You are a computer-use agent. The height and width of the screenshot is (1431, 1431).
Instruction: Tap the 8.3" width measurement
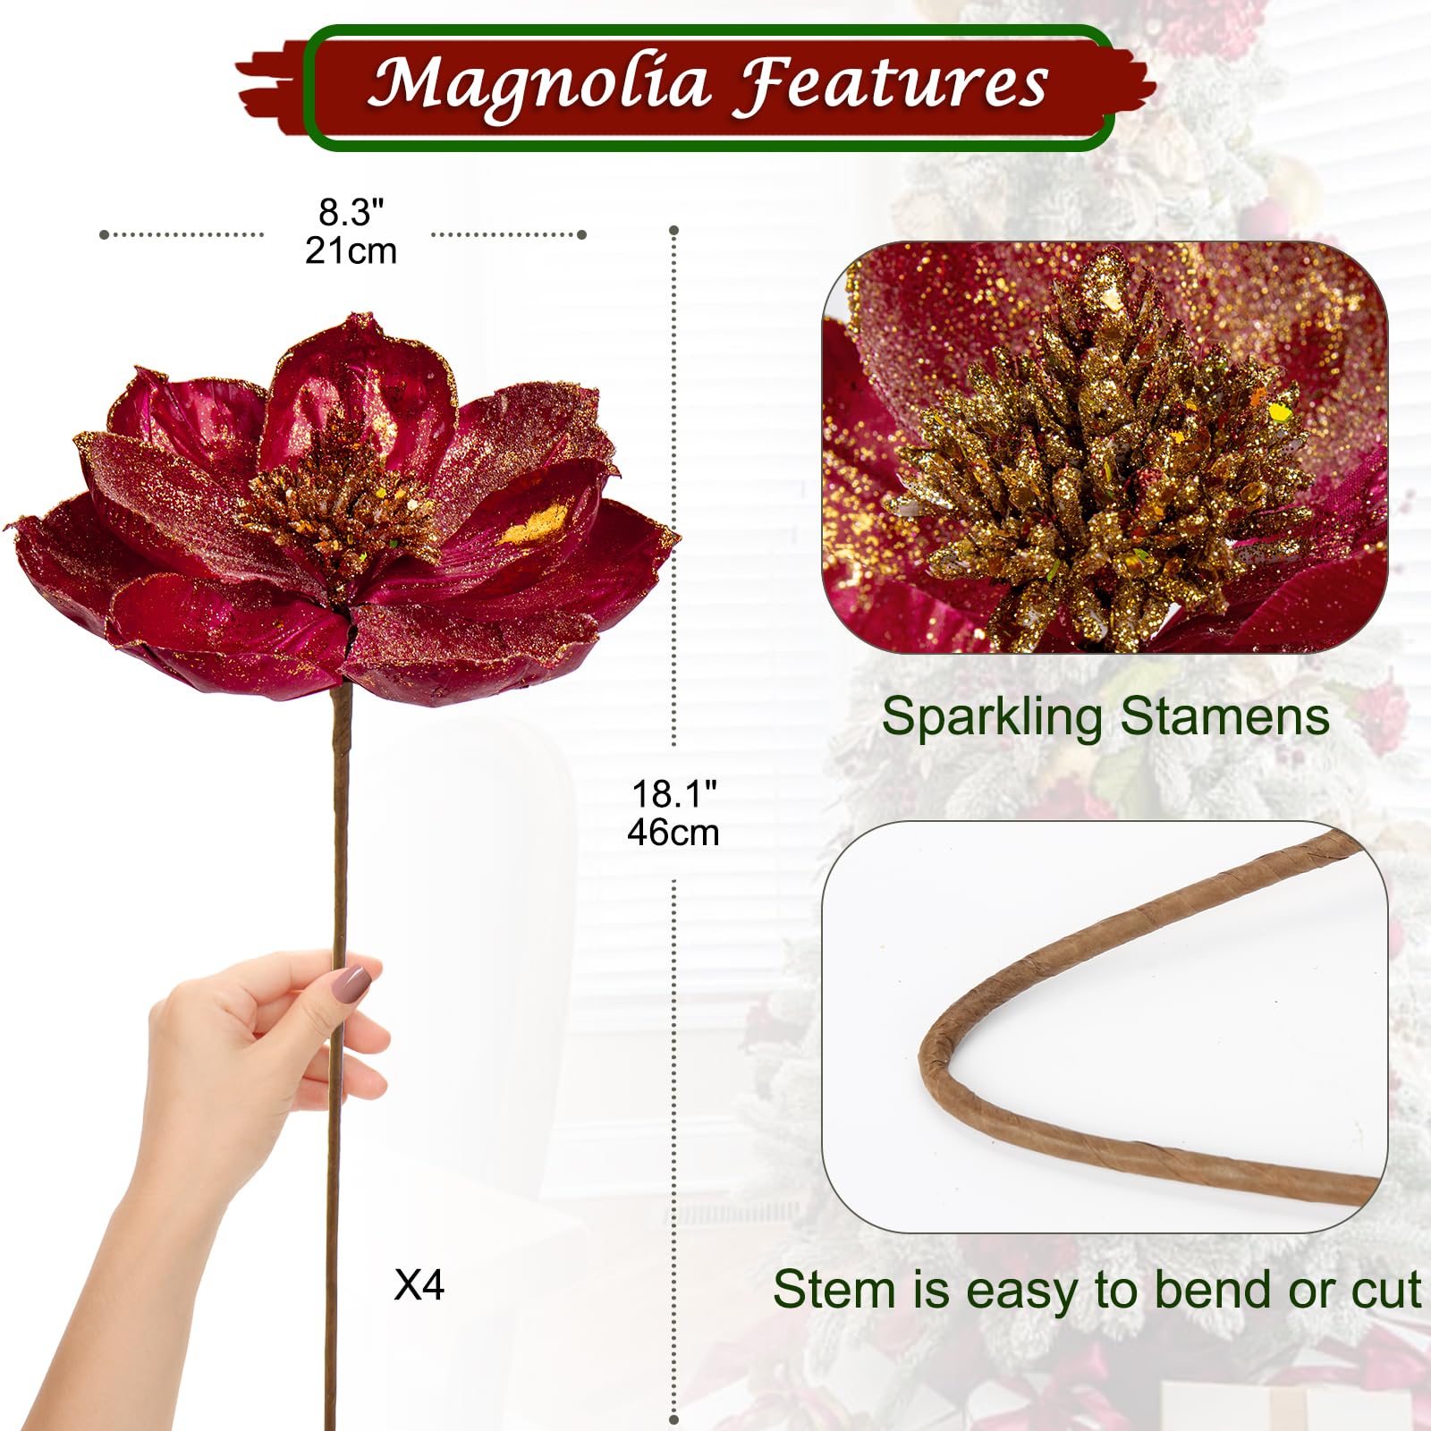pos(351,213)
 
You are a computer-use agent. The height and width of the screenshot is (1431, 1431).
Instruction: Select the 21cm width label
pos(351,251)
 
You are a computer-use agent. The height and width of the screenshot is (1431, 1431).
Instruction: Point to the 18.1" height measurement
pos(673,793)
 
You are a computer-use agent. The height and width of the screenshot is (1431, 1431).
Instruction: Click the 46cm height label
pos(673,833)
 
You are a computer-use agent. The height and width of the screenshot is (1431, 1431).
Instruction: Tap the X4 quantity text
pos(419,1285)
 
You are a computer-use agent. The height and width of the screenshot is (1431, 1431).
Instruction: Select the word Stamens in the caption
pos(1224,716)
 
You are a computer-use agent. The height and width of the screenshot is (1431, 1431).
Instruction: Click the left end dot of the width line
pos(104,234)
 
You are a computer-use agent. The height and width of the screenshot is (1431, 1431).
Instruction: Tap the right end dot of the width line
pos(582,234)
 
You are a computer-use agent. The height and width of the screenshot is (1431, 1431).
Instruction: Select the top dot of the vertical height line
pos(673,231)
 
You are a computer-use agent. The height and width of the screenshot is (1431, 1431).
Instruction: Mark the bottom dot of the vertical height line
pos(673,1419)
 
